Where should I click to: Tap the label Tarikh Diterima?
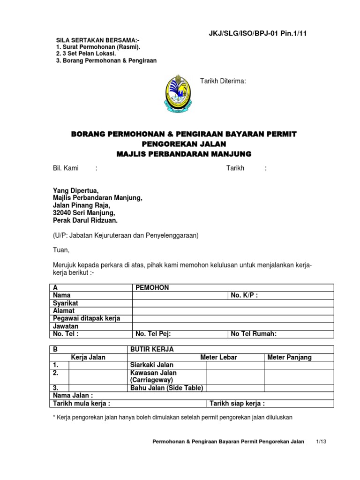[223, 81]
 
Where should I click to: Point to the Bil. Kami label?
[65, 168]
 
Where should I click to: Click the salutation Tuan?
[60, 250]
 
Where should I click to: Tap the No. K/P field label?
[244, 295]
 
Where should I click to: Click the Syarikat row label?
[65, 303]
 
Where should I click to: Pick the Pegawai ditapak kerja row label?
[87, 318]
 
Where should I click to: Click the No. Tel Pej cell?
[153, 334]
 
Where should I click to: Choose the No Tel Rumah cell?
[254, 334]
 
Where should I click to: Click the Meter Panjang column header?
[289, 357]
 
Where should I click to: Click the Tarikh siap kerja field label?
[237, 403]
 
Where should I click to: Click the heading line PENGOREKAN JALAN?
[184, 144]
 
